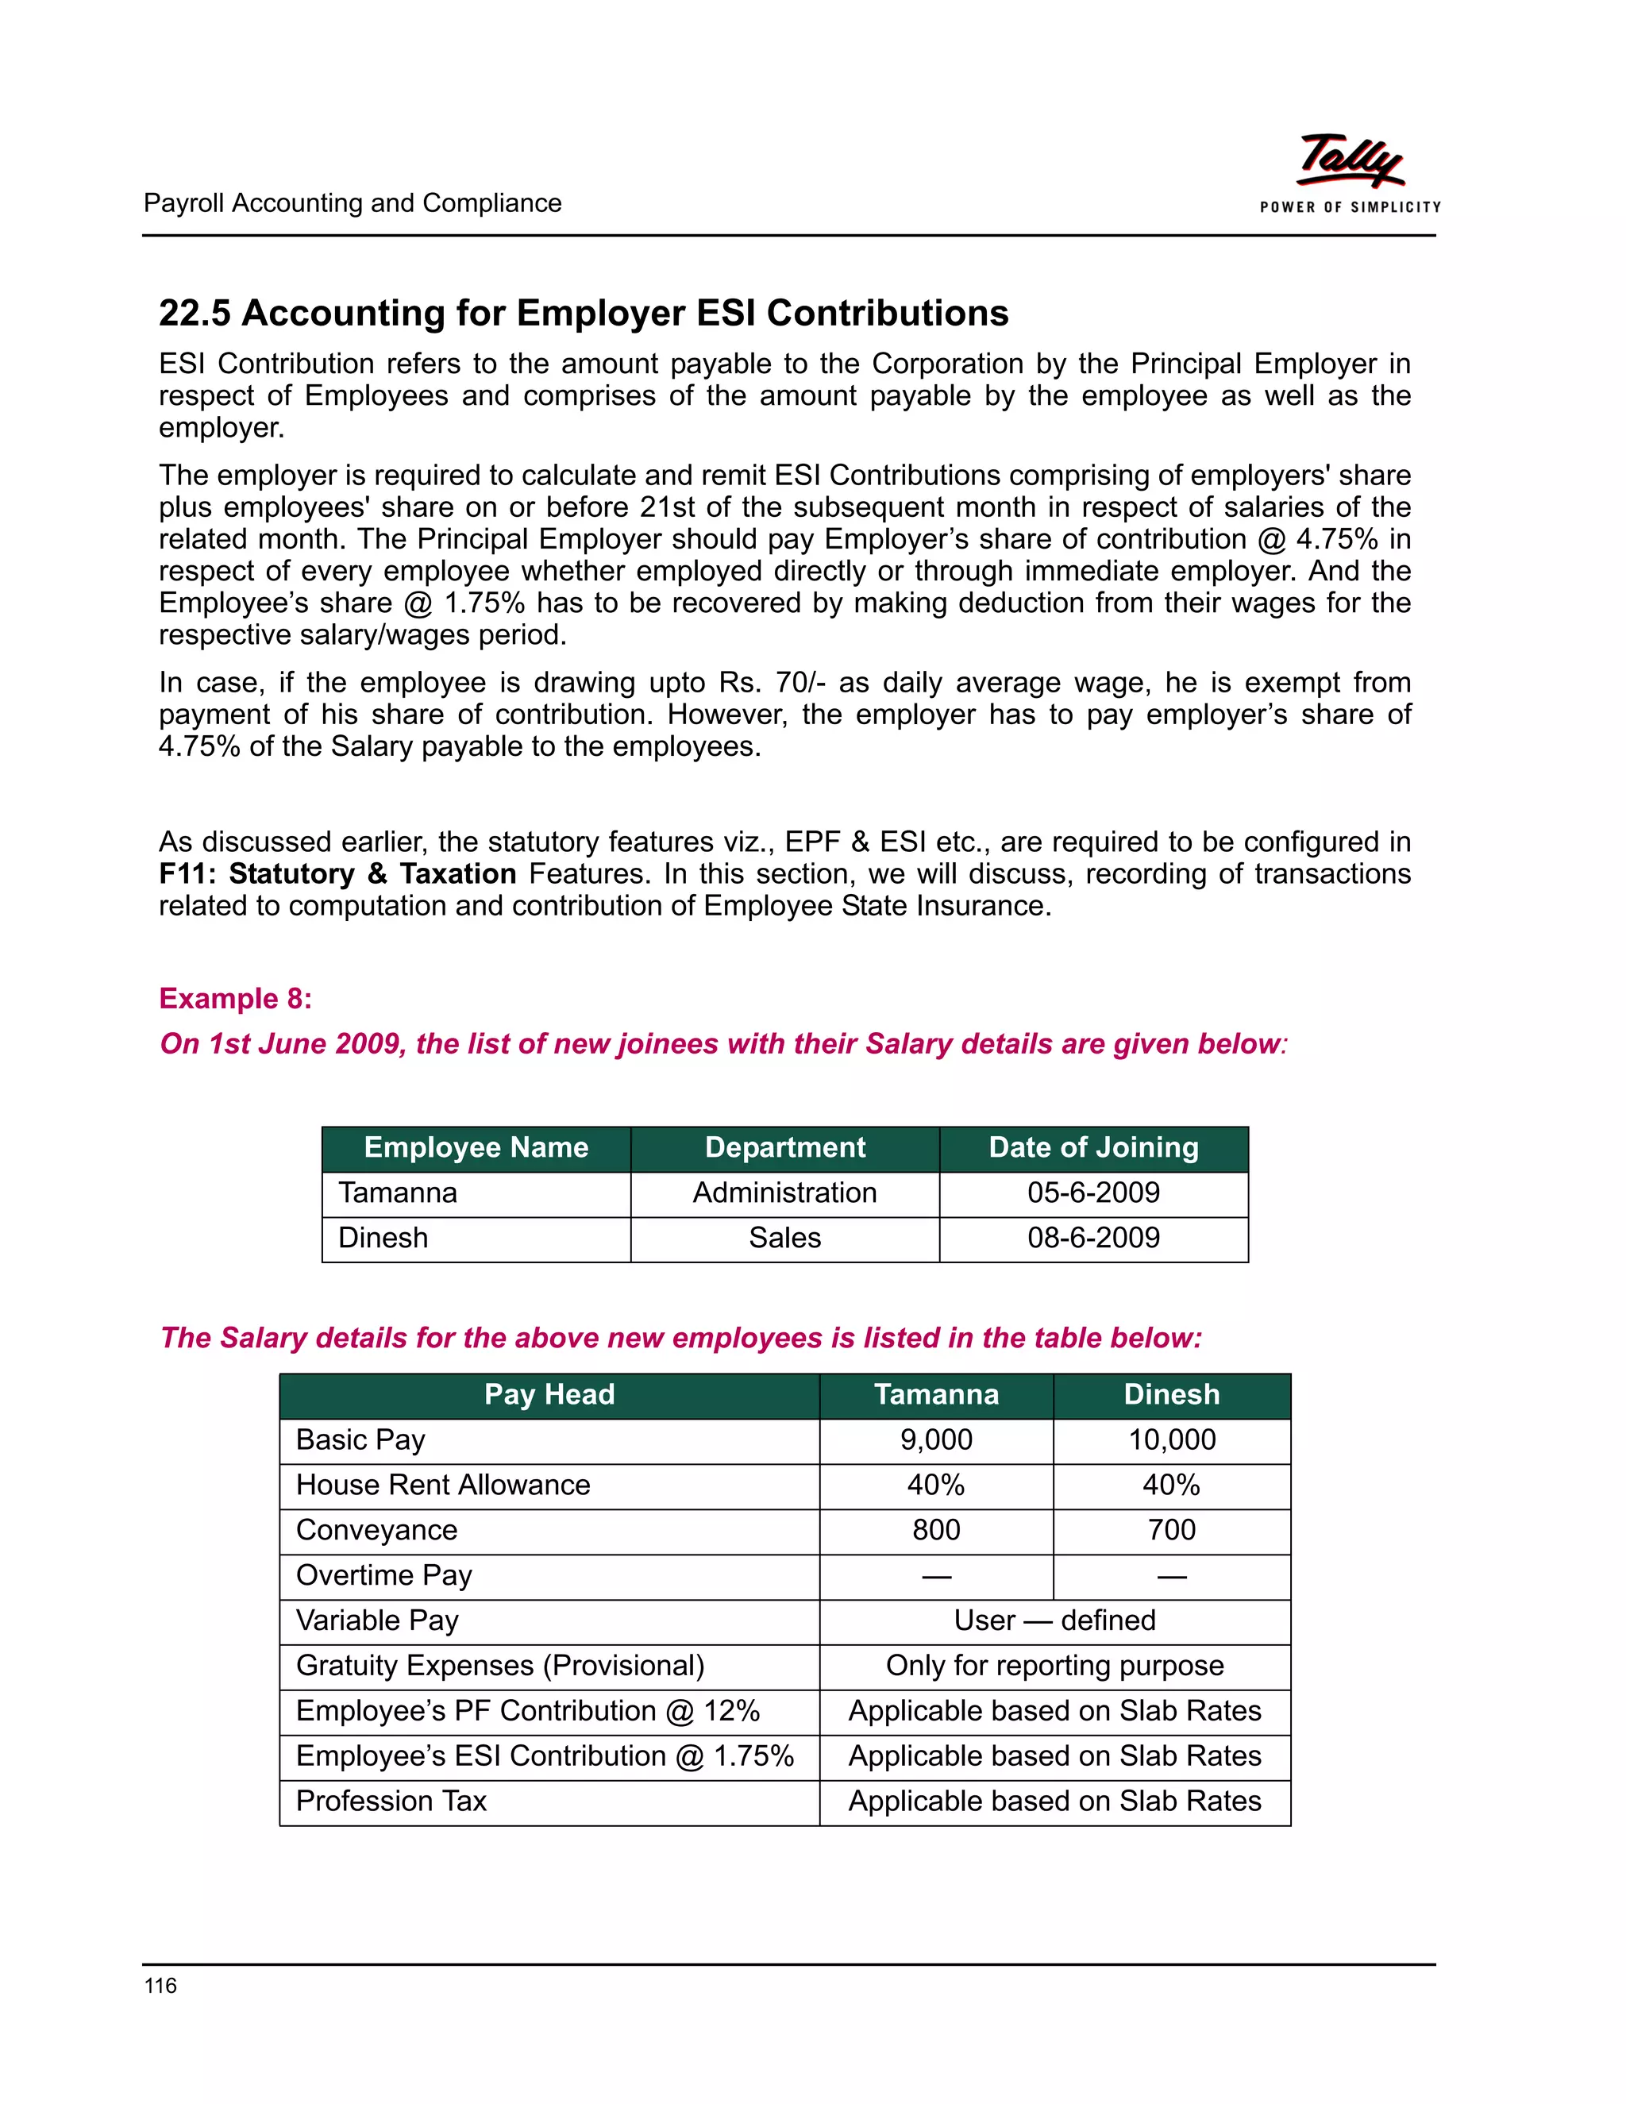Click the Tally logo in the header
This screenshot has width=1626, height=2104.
(1350, 171)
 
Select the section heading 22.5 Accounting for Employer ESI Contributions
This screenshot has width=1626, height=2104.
(583, 313)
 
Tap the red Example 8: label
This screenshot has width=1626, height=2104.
(235, 998)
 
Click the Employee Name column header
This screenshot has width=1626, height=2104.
(476, 1147)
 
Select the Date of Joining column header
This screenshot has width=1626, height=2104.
(1093, 1147)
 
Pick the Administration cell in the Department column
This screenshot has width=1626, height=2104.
(784, 1193)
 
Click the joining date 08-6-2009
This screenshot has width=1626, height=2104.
(1093, 1238)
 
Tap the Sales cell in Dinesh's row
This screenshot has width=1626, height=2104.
(784, 1238)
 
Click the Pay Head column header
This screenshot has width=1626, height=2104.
(549, 1395)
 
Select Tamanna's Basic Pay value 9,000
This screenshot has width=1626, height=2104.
(935, 1440)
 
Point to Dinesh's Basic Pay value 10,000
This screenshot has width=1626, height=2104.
(1171, 1440)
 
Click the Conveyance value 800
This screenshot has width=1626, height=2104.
(935, 1530)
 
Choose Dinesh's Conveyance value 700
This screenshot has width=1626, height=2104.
(1171, 1530)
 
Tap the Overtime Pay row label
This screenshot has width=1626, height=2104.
(383, 1575)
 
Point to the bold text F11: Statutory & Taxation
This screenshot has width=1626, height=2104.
(337, 874)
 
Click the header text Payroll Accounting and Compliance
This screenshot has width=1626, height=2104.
(352, 203)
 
